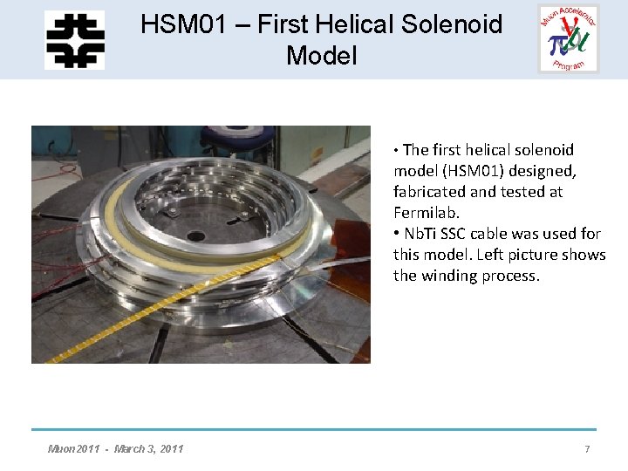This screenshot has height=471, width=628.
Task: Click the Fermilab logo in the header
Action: click(x=74, y=40)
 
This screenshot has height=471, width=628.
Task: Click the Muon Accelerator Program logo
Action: click(x=569, y=39)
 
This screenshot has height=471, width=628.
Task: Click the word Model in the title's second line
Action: click(x=322, y=56)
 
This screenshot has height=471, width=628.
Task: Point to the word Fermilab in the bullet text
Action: click(x=426, y=212)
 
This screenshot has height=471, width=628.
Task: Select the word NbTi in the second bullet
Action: click(x=422, y=234)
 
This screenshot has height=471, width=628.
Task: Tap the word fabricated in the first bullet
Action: click(x=434, y=191)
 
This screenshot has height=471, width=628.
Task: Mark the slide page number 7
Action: click(x=587, y=448)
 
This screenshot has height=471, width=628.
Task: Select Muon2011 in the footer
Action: click(x=75, y=448)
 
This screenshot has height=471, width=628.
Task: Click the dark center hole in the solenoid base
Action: click(x=196, y=235)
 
